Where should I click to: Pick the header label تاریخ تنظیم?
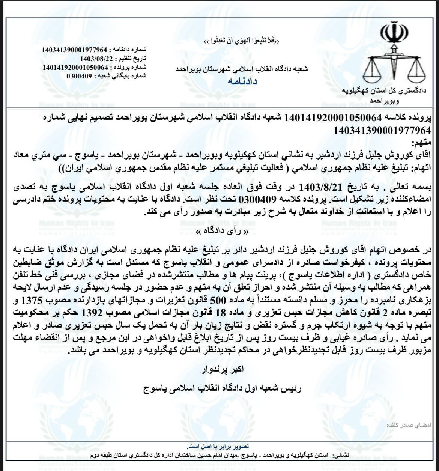133,59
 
